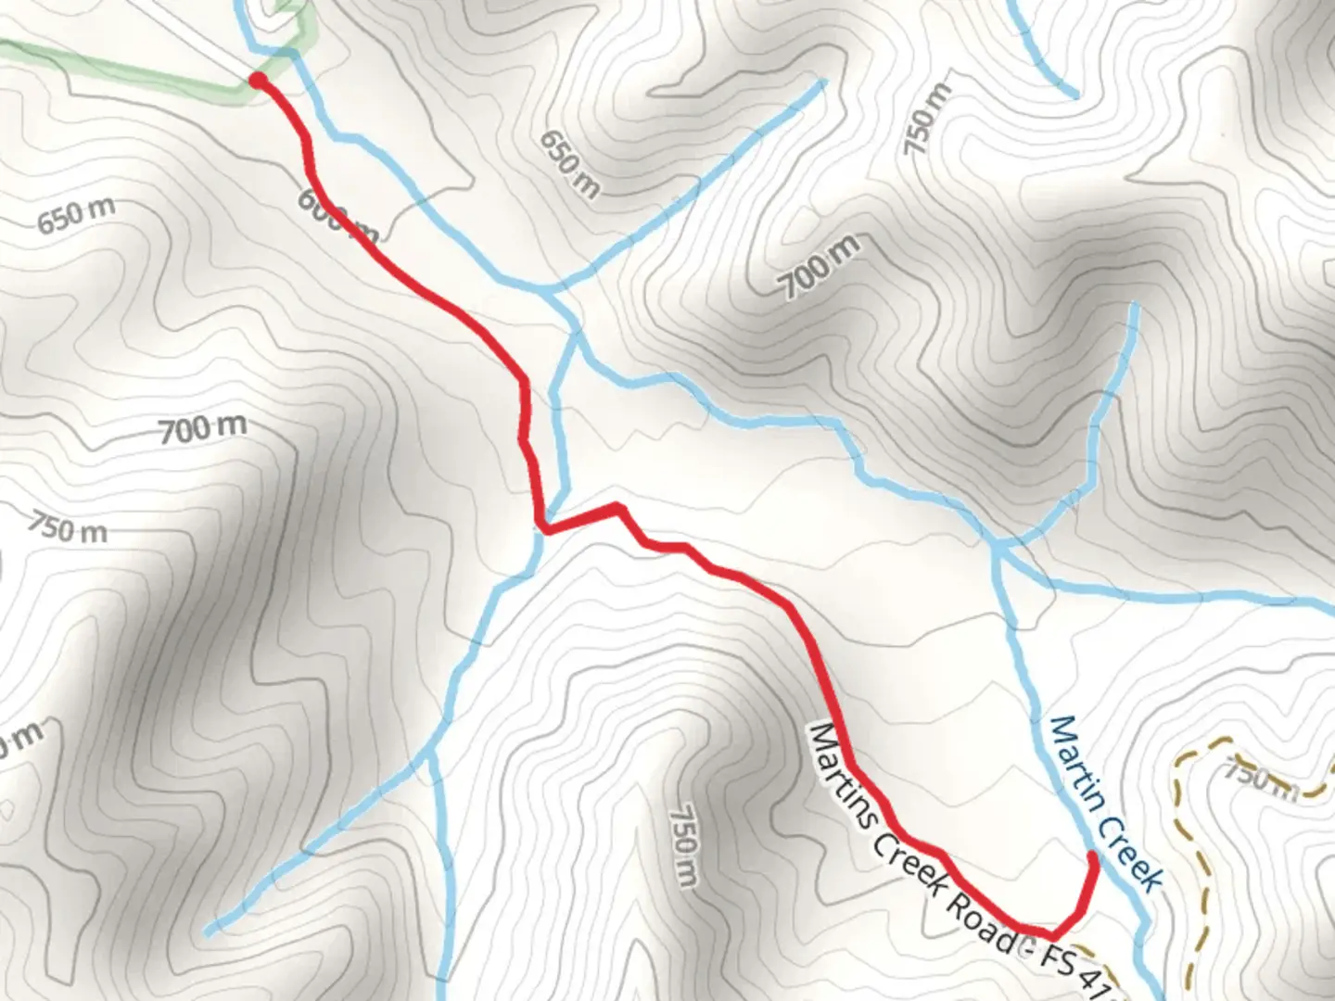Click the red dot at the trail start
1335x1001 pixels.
point(258,82)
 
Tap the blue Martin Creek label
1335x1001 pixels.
point(1105,803)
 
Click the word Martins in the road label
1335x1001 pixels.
point(841,779)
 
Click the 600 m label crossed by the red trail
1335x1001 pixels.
point(338,216)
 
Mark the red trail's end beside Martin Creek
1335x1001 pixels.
point(1094,858)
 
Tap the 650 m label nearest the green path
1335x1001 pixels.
point(76,215)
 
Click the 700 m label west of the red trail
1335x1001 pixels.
point(202,429)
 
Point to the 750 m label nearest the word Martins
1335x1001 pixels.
point(682,843)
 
